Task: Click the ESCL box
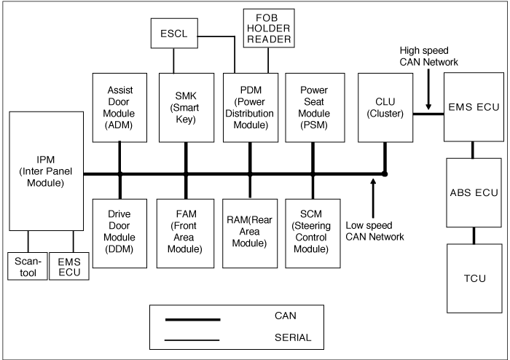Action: coord(174,34)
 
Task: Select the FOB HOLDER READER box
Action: coord(269,28)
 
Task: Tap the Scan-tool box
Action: coord(28,266)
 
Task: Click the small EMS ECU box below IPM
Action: coord(69,266)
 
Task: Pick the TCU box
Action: coord(474,278)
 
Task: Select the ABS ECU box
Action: coord(474,192)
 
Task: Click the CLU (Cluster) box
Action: coord(385,108)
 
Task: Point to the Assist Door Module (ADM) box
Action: coord(119,108)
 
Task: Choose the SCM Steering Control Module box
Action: coord(313,233)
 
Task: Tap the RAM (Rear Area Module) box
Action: coord(250,233)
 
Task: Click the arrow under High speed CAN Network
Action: coord(428,89)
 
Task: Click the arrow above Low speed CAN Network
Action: coord(373,198)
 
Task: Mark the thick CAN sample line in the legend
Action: coord(193,320)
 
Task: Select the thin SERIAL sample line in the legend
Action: coord(192,340)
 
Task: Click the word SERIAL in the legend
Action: coord(293,337)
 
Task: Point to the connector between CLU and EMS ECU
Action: coord(428,114)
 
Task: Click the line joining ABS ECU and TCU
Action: coord(474,236)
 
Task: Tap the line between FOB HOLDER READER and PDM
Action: coord(268,60)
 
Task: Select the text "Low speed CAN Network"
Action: coord(374,231)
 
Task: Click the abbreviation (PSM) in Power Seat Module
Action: coord(314,125)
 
